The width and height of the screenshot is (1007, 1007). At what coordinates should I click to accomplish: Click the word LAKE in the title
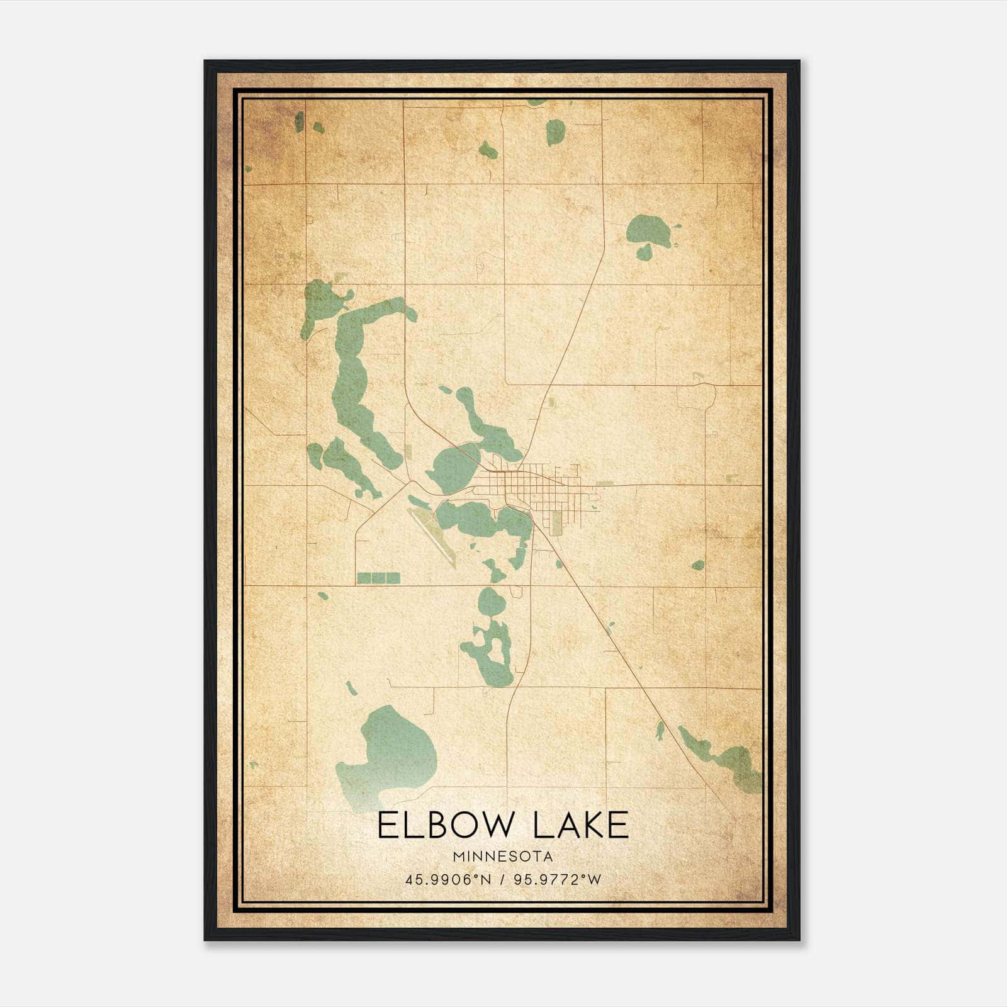pos(581,826)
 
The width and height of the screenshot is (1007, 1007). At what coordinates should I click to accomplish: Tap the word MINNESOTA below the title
pos(503,856)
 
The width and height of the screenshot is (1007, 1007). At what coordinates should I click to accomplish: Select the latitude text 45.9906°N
pos(447,879)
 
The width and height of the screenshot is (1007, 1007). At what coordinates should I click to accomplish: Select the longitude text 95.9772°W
pos(558,879)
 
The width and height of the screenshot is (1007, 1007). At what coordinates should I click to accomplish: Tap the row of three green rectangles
pos(378,578)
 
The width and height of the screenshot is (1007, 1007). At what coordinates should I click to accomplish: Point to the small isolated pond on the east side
pos(697,565)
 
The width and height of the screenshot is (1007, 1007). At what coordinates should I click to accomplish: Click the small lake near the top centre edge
pos(555,132)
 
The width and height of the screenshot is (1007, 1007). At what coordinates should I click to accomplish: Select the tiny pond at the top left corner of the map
pos(300,121)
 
